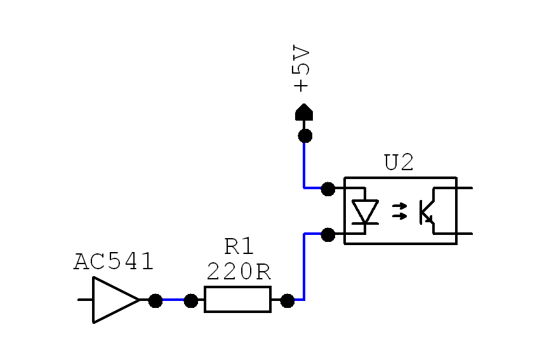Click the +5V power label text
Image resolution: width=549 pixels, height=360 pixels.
301,69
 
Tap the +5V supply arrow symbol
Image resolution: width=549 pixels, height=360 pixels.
304,112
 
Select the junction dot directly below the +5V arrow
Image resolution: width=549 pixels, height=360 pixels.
305,136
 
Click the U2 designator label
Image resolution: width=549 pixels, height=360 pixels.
399,162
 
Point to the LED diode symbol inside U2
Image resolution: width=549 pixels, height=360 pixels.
365,211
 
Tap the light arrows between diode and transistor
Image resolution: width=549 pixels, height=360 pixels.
399,211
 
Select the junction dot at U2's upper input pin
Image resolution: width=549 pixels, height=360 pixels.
328,189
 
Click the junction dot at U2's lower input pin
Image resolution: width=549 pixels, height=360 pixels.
328,235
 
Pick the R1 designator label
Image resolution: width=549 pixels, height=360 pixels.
239,246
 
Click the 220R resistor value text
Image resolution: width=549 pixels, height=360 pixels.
239,272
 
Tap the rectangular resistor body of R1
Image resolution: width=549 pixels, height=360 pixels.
238,300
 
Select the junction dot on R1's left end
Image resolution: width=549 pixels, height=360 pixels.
191,301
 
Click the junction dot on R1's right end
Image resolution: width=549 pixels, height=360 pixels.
288,301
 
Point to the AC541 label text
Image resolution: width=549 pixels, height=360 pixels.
114,262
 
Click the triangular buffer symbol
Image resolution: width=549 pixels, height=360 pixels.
116,300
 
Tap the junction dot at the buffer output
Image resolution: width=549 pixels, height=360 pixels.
155,301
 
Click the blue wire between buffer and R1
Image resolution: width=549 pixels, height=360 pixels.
173,300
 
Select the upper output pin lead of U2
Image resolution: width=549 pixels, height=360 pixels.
465,188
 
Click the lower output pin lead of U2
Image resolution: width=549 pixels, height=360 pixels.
465,234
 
